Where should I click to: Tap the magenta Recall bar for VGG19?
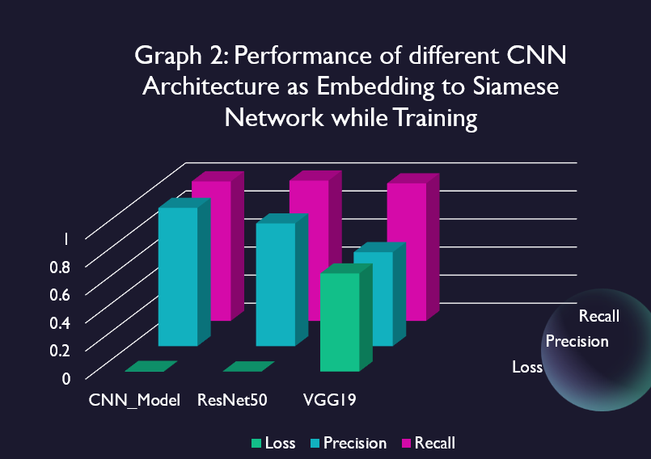pyautogui.click(x=407, y=251)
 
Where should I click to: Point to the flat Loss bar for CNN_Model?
pyautogui.click(x=151, y=367)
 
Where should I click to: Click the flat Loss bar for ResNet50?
pyautogui.click(x=249, y=367)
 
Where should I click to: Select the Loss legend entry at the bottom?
pyautogui.click(x=273, y=443)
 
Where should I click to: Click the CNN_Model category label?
pyautogui.click(x=134, y=400)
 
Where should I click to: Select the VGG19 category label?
pyautogui.click(x=329, y=400)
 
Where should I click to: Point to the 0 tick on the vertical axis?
pyautogui.click(x=66, y=377)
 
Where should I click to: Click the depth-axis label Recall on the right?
pyautogui.click(x=599, y=316)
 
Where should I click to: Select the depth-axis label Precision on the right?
pyautogui.click(x=577, y=342)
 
